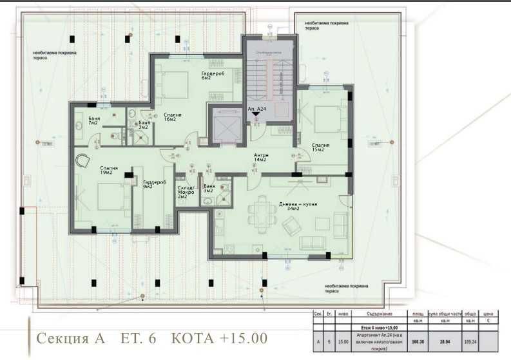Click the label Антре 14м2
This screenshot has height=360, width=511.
(x=261, y=157)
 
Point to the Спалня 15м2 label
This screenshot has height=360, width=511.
(x=320, y=147)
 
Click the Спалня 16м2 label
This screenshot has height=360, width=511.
(x=172, y=117)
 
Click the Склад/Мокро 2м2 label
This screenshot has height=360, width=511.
(x=186, y=191)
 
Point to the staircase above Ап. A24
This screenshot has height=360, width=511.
(x=269, y=77)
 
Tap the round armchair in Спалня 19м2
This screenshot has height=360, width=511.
(x=82, y=161)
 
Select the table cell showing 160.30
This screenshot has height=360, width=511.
(x=417, y=342)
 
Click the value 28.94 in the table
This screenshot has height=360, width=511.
(x=445, y=342)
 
